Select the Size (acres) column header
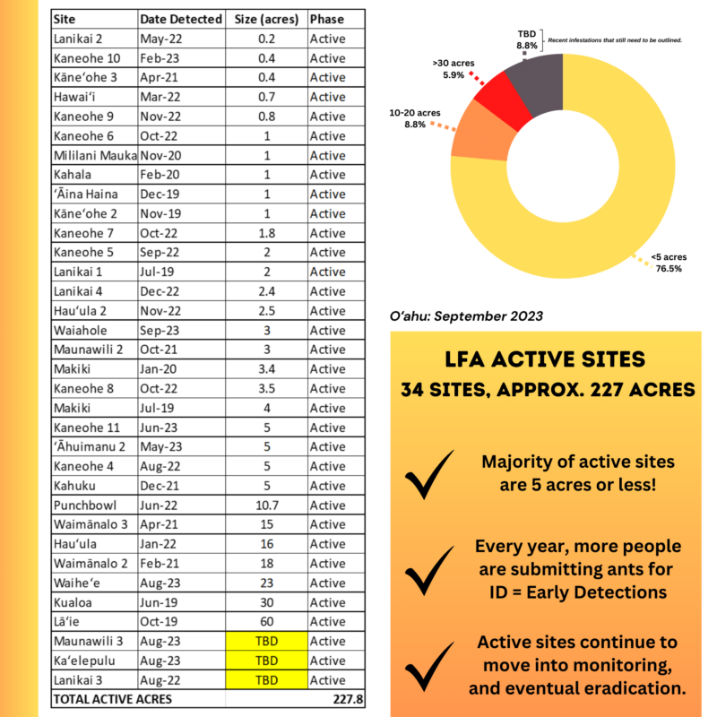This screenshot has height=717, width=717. (x=265, y=19)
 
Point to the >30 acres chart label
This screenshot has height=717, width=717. (x=452, y=70)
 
